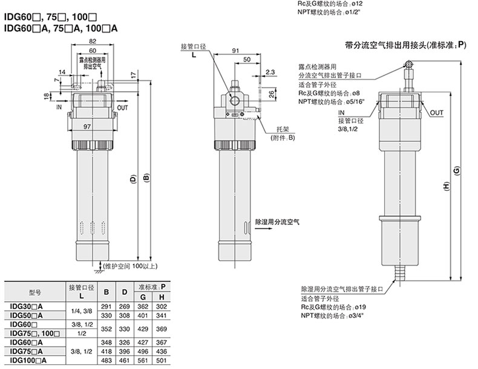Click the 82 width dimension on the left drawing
pyautogui.click(x=92, y=40)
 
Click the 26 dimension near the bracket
pyautogui.click(x=272, y=94)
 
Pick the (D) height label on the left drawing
pyautogui.click(x=132, y=179)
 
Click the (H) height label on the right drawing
pyautogui.click(x=446, y=187)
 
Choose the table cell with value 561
pyautogui.click(x=143, y=361)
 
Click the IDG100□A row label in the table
pyautogui.click(x=28, y=361)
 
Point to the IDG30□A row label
pyautogui.click(x=27, y=307)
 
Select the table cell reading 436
pyautogui.click(x=162, y=351)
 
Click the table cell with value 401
pyautogui.click(x=143, y=316)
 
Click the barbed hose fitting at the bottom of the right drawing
pyautogui.click(x=399, y=272)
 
